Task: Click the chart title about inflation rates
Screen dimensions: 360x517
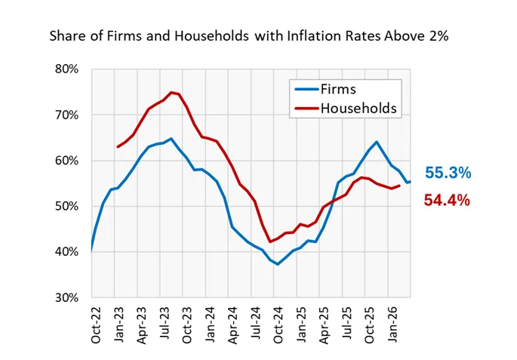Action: [x=249, y=35]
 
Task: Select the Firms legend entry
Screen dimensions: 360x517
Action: [x=338, y=89]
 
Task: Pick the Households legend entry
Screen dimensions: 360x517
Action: [x=359, y=109]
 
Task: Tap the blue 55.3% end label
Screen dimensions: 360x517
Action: [x=448, y=174]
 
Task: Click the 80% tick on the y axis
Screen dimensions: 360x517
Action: [x=67, y=69]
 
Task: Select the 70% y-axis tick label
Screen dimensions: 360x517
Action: [x=67, y=115]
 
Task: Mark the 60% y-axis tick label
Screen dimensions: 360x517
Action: [x=67, y=161]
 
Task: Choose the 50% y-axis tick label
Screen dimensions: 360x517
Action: [x=67, y=206]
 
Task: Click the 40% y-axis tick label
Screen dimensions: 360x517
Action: [x=67, y=252]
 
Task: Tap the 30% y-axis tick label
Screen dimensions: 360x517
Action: [x=67, y=297]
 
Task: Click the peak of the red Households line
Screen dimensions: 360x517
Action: [x=171, y=92]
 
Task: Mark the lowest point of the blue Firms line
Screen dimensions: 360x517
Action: [x=278, y=264]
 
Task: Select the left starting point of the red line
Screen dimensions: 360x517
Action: [x=118, y=146]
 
